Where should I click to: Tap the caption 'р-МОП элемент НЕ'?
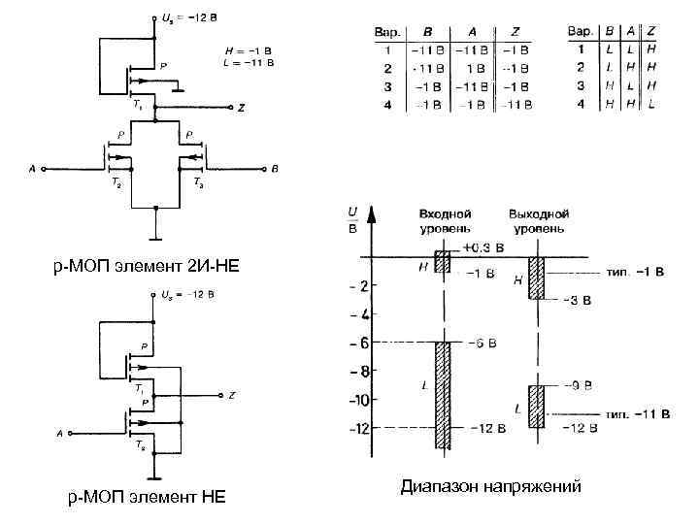[x=146, y=498]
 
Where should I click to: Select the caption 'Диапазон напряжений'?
[x=491, y=487]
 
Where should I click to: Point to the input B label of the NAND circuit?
[x=275, y=170]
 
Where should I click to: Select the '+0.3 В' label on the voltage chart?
[x=483, y=247]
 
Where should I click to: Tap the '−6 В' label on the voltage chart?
[x=483, y=343]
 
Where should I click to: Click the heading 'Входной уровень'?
[x=446, y=220]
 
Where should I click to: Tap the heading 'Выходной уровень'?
[x=539, y=220]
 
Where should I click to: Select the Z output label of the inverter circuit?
[x=232, y=396]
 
